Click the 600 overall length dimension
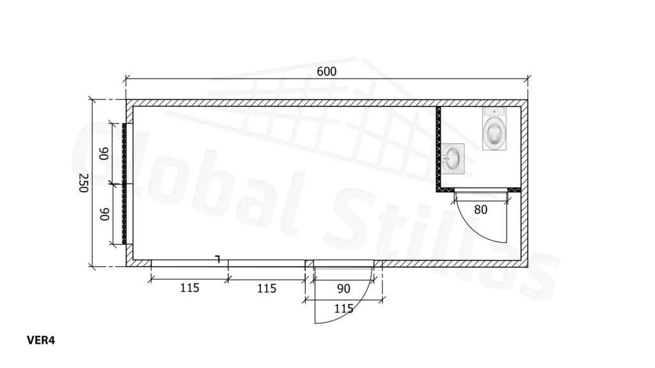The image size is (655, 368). click(x=326, y=72)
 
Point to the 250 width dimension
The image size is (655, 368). click(x=84, y=183)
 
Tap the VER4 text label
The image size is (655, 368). click(x=40, y=341)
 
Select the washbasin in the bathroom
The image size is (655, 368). click(x=453, y=158)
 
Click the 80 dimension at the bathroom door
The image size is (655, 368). click(x=480, y=210)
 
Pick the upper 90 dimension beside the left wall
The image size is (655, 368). click(x=104, y=153)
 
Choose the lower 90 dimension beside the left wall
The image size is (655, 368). click(x=104, y=214)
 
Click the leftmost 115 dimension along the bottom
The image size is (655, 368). click(x=189, y=288)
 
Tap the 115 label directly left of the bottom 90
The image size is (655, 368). click(x=267, y=288)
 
